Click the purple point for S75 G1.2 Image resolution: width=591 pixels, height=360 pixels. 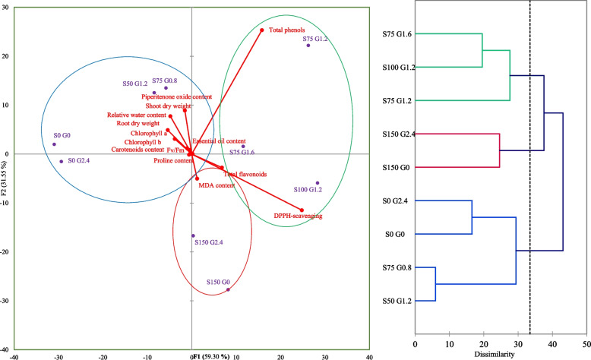click(308, 46)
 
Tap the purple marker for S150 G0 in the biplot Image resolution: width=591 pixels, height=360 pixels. click(228, 289)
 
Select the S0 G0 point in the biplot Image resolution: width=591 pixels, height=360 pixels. click(54, 144)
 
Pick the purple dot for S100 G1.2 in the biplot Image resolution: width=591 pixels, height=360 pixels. click(318, 183)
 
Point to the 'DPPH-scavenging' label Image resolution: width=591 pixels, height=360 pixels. click(298, 216)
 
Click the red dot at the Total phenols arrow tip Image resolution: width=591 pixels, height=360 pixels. click(262, 30)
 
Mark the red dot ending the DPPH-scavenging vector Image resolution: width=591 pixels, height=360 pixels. click(302, 210)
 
